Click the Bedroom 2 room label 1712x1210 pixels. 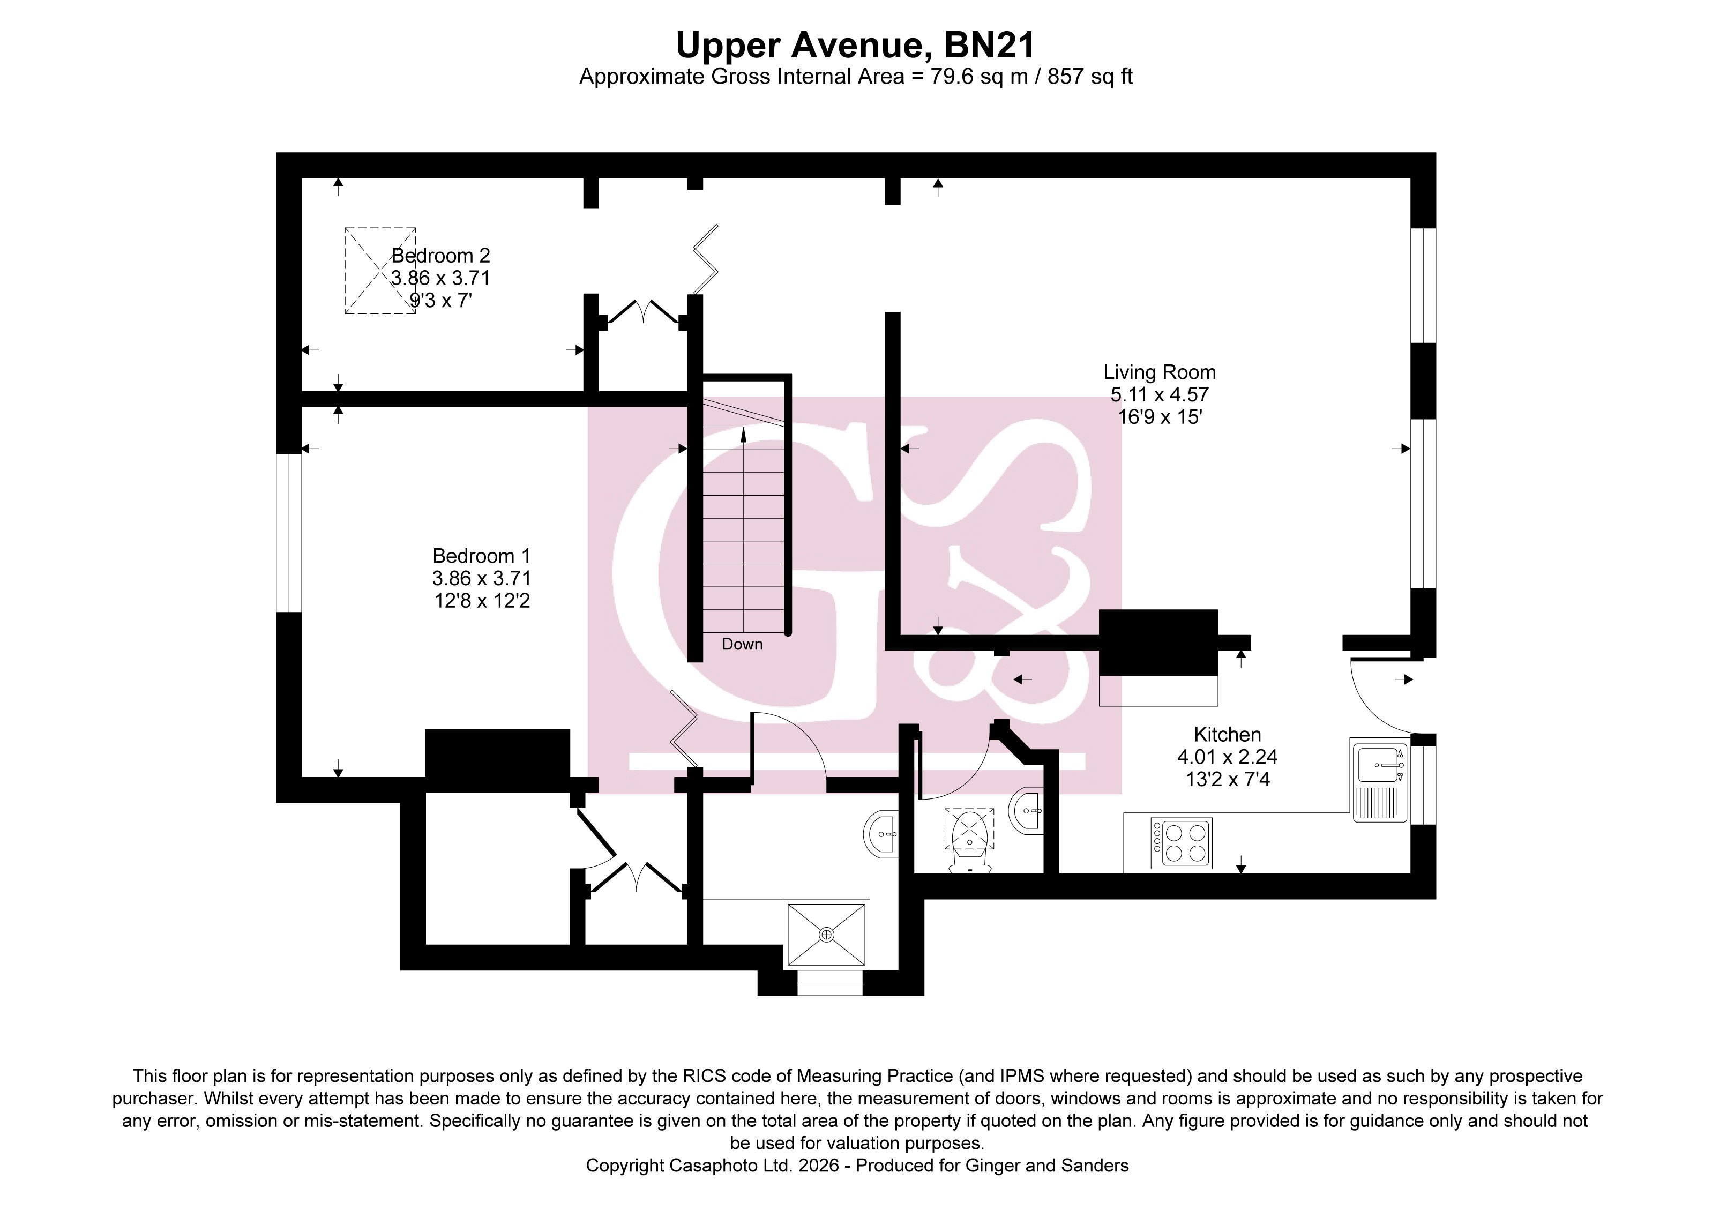(440, 256)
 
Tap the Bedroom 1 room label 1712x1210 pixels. (482, 556)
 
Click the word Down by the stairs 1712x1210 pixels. (742, 644)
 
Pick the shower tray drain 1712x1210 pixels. (827, 934)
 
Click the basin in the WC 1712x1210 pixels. (1026, 810)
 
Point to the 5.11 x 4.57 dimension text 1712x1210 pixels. (1160, 394)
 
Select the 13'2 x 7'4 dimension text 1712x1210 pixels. (1227, 779)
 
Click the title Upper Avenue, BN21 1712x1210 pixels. (855, 46)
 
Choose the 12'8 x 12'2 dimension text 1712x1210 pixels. (482, 601)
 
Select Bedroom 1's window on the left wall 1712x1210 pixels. (289, 533)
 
